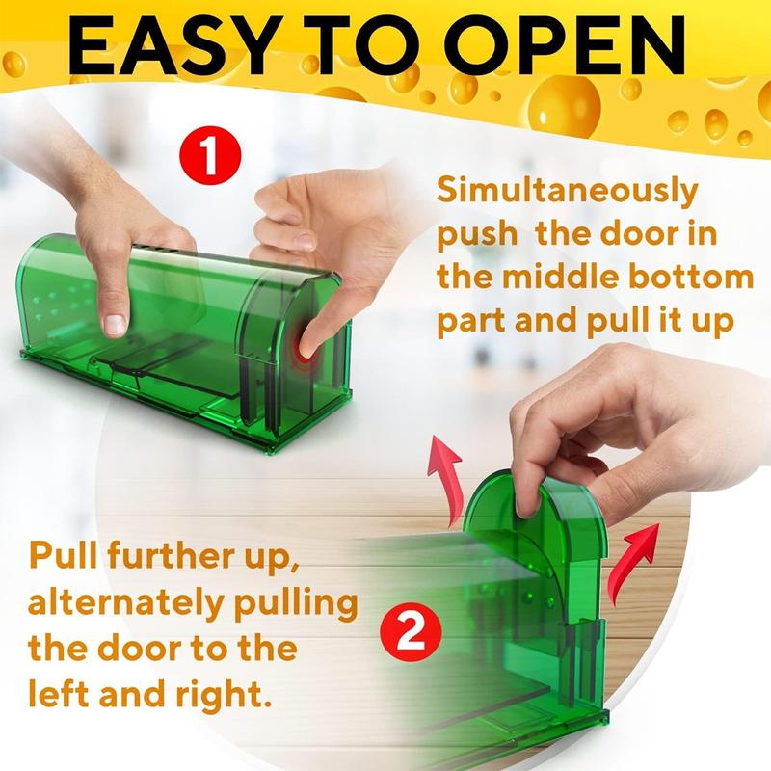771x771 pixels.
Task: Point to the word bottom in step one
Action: [692, 279]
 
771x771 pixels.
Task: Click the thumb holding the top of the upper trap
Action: [116, 313]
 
